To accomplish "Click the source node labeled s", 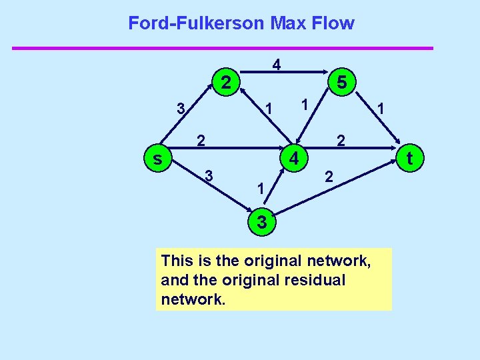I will point(157,159).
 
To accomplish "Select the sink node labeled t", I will point(410,158).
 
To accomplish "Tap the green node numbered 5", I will point(341,83).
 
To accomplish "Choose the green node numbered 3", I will point(261,223).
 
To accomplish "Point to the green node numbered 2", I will point(226,83).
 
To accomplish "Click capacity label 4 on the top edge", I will point(277,65).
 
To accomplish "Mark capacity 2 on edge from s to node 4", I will point(199,141).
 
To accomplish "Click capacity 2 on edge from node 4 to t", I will point(341,141).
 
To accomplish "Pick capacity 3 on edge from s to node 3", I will point(209,176).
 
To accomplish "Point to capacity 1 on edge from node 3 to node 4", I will point(261,190).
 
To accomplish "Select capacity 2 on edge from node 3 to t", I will point(327,177).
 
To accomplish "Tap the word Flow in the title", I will point(337,23).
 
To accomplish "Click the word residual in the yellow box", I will point(315,280).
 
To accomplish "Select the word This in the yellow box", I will point(176,260).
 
